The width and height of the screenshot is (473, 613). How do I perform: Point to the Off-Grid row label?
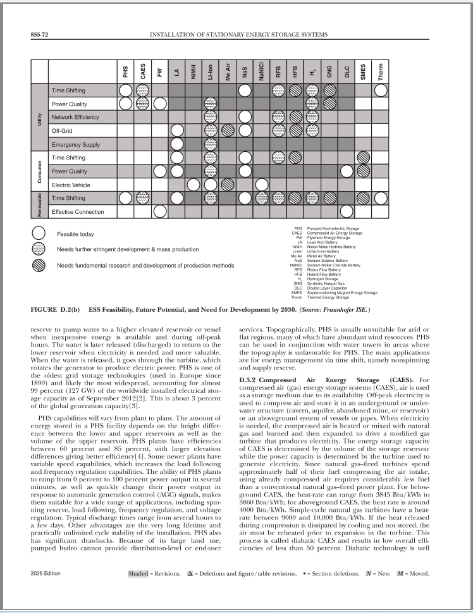[64, 131]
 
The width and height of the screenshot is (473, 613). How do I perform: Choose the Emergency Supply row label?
[75, 144]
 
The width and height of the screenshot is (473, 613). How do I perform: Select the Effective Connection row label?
[77, 211]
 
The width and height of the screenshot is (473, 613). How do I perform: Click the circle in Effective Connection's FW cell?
[160, 211]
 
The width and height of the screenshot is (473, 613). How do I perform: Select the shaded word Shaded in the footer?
[138, 574]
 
